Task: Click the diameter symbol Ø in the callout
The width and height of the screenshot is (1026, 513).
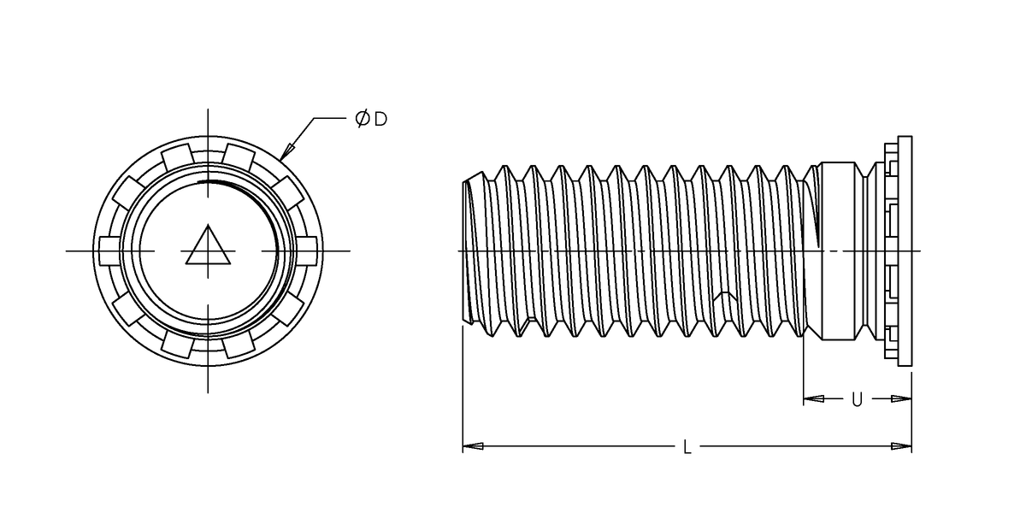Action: pos(363,119)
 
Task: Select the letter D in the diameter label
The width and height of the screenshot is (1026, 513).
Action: pos(380,119)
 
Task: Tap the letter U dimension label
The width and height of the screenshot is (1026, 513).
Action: pos(857,398)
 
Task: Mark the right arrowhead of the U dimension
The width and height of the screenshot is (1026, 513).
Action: pos(901,398)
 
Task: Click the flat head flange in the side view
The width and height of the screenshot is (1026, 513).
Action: pos(905,251)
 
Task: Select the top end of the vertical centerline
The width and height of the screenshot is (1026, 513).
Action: pos(208,111)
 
